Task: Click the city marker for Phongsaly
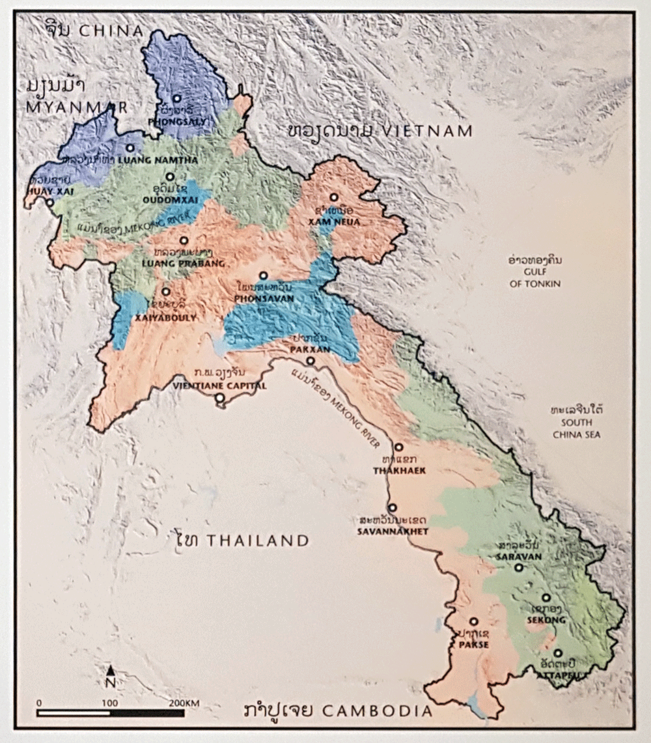[176, 98]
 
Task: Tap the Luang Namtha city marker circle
[130, 148]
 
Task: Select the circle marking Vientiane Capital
[220, 397]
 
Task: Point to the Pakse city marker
[473, 621]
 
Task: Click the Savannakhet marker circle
[392, 507]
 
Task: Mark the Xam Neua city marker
[333, 197]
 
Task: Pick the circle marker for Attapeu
[558, 652]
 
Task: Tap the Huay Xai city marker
[50, 202]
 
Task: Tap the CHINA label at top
[115, 31]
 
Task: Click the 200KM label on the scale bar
[183, 703]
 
